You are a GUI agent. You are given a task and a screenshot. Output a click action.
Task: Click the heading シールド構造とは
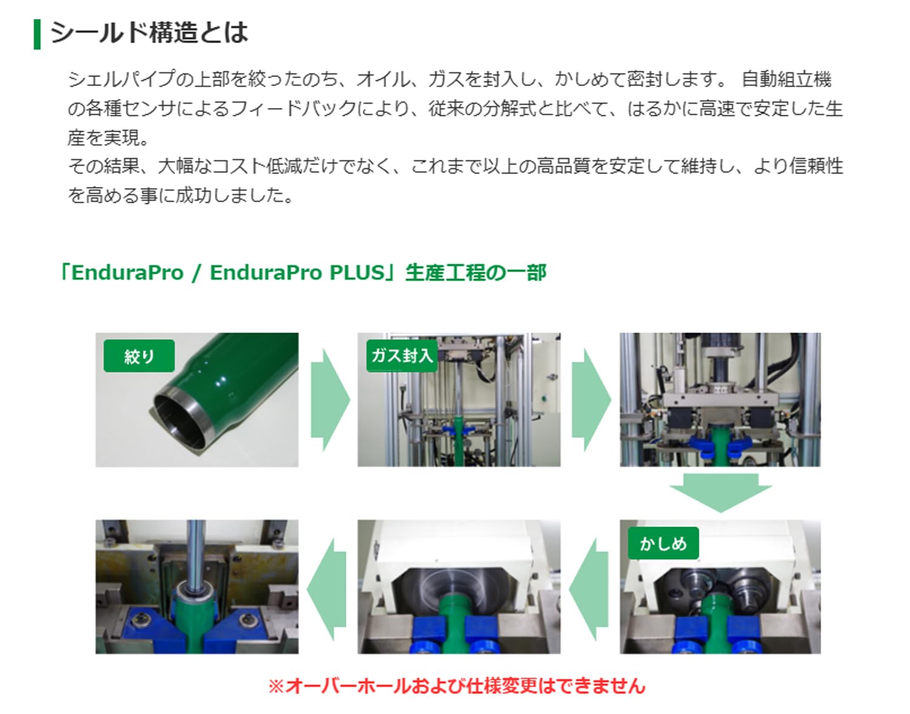point(149,33)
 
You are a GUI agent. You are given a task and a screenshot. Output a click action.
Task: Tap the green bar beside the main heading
point(37,34)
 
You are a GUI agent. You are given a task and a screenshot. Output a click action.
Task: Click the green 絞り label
point(139,356)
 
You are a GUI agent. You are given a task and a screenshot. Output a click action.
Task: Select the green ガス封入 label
point(402,355)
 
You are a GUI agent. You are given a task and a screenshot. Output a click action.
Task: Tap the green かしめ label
point(662,543)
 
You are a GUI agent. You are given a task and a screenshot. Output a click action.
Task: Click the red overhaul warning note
point(456,686)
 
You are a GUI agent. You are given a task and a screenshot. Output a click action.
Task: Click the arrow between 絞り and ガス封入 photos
point(329,400)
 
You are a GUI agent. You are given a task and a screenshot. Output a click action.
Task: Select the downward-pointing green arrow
point(720,491)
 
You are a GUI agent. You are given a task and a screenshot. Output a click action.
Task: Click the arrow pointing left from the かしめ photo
point(590,588)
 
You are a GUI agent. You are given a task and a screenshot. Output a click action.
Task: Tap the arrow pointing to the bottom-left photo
point(328,588)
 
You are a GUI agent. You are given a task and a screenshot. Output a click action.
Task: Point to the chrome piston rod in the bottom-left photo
point(195,552)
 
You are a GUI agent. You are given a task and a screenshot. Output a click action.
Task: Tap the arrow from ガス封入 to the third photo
point(590,400)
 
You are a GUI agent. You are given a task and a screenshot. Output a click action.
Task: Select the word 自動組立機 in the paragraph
point(786,79)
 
